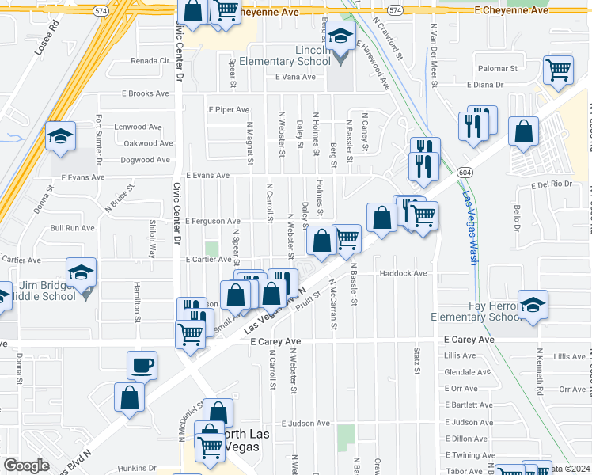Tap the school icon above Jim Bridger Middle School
tap(82, 273)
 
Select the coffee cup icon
tap(142, 365)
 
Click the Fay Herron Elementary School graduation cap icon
tap(533, 305)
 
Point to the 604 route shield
tap(466, 171)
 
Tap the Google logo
tap(26, 465)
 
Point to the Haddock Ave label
tap(404, 273)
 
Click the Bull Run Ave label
tap(72, 227)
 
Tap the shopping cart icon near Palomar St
tap(558, 70)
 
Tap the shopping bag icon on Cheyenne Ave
tap(192, 11)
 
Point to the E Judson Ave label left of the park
tap(304, 424)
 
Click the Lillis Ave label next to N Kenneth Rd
tap(571, 356)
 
